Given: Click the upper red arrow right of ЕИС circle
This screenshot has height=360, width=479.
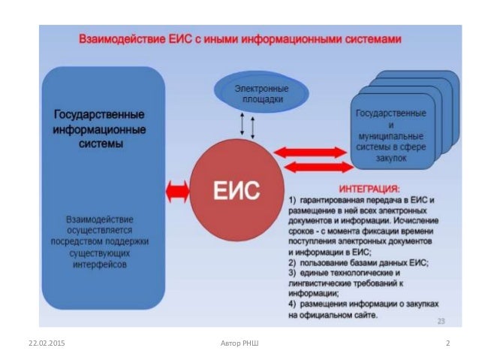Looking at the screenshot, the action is [309, 153].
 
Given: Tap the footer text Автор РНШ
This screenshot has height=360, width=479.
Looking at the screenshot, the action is [239, 343].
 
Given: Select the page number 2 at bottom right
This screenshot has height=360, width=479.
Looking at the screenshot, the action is [447, 343].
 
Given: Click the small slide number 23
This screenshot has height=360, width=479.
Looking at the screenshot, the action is [442, 321].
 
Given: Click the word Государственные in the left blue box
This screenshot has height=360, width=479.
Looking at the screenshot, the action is [99, 116].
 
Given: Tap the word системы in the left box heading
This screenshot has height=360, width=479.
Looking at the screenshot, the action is [99, 143].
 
